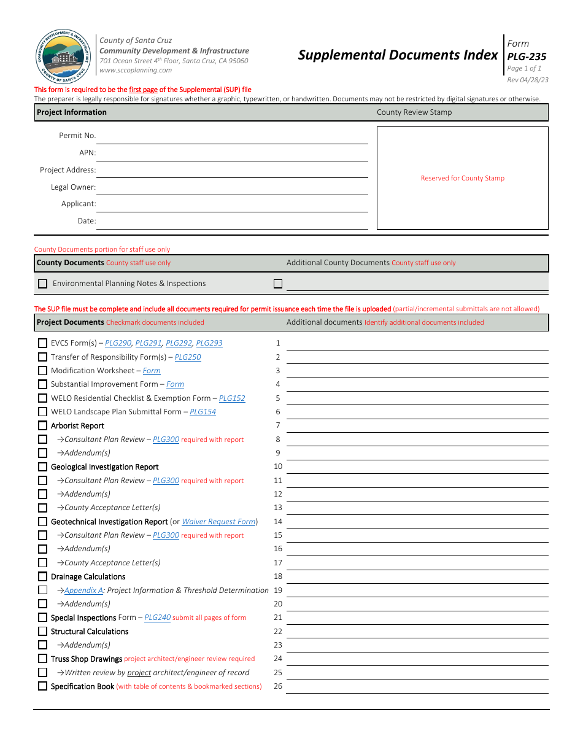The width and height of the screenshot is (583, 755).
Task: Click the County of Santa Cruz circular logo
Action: click(x=63, y=58)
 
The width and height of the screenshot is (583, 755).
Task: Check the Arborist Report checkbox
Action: click(x=42, y=425)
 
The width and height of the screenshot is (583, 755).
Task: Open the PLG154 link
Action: click(x=203, y=412)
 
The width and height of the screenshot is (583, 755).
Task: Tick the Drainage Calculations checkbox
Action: click(x=42, y=576)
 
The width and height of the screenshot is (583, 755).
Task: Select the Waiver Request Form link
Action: click(x=218, y=522)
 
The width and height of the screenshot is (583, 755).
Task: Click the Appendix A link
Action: click(x=83, y=590)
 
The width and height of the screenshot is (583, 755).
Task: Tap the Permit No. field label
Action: click(x=77, y=136)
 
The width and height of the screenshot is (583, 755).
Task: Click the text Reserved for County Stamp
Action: click(x=462, y=178)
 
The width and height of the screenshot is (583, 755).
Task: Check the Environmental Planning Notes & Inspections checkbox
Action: click(x=42, y=284)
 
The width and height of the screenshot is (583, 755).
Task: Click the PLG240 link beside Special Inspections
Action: click(x=157, y=618)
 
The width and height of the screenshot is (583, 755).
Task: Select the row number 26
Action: click(x=278, y=686)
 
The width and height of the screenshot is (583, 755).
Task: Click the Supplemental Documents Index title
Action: click(x=398, y=55)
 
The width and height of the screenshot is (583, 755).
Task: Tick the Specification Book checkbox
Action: click(x=42, y=686)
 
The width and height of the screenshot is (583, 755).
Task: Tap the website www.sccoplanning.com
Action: click(x=136, y=70)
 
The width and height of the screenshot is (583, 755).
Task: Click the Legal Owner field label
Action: click(x=73, y=187)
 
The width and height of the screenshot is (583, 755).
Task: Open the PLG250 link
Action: click(x=188, y=357)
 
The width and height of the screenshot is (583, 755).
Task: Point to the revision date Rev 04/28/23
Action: click(x=528, y=80)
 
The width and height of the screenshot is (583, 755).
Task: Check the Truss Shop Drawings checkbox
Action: click(x=42, y=659)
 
